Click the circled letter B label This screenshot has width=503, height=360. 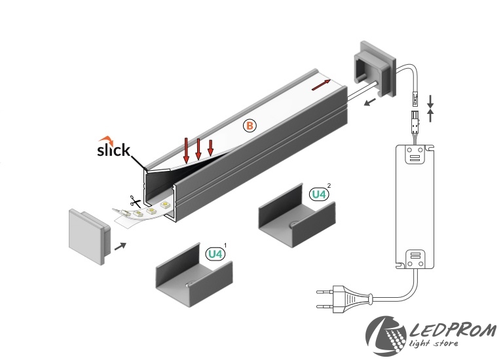click(x=249, y=125)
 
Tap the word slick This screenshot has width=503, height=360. click(x=113, y=151)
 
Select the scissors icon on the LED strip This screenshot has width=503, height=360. click(x=135, y=202)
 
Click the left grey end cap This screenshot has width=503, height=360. click(x=88, y=235)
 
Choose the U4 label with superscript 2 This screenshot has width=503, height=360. click(x=318, y=194)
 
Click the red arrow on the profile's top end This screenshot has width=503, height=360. click(x=321, y=84)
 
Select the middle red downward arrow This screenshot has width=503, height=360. click(x=198, y=149)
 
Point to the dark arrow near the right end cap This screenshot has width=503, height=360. click(x=371, y=101)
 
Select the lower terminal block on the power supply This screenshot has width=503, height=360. click(x=413, y=256)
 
